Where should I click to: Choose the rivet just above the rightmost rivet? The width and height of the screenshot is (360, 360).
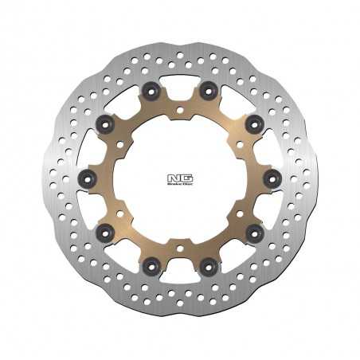coord(254,123)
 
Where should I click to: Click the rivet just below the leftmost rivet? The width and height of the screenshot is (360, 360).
coord(104,232)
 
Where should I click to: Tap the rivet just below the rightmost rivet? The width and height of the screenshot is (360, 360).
coord(254,232)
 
